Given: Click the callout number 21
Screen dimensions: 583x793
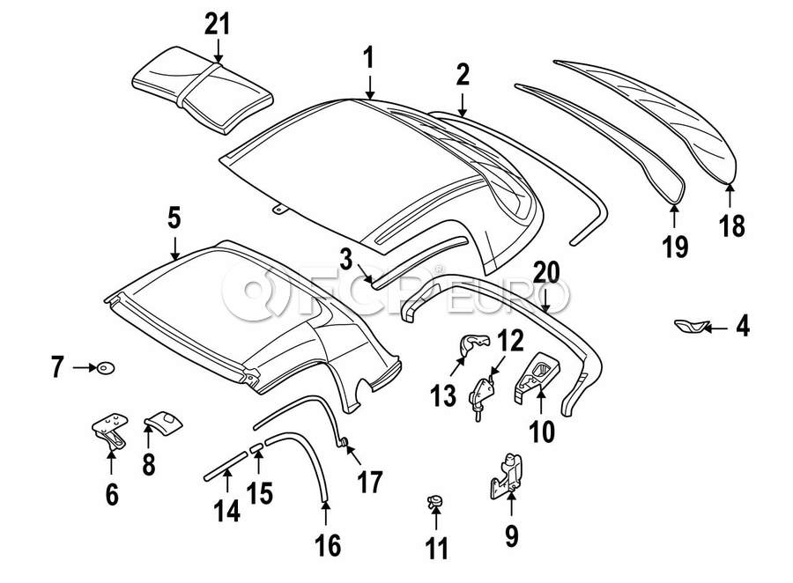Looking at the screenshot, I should (218, 24).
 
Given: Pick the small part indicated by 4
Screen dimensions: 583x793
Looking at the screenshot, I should (690, 328).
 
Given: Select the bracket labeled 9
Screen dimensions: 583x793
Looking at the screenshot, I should (505, 473).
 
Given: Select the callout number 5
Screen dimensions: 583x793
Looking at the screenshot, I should (174, 216).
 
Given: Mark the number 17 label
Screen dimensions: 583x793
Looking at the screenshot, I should (370, 482).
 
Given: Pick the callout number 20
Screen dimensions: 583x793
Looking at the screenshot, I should (545, 274).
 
